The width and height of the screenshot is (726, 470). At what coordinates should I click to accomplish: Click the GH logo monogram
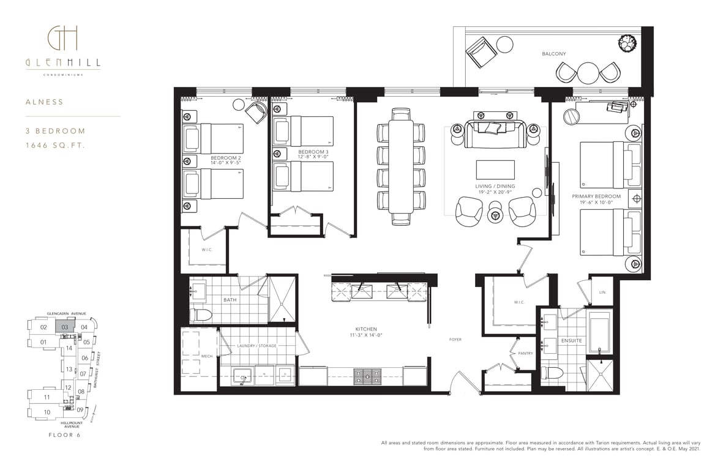62,37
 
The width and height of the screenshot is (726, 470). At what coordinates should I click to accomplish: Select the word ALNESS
45,102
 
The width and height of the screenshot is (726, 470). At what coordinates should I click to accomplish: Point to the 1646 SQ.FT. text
56,146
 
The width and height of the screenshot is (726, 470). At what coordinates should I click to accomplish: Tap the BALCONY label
554,54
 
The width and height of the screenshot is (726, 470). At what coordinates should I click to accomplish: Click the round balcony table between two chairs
588,73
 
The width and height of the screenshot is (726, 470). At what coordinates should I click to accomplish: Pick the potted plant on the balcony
627,43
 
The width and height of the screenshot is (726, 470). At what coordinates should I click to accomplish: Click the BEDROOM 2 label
225,158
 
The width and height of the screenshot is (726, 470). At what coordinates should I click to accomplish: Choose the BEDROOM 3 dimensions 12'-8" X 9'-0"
313,157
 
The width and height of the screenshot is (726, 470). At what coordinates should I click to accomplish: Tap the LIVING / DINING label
495,186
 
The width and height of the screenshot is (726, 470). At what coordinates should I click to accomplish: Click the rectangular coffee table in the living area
495,170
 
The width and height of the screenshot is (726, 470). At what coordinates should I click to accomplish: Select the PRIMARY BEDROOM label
596,196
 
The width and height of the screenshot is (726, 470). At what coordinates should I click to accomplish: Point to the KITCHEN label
366,329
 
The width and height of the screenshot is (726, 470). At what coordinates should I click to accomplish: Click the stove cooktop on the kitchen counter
368,376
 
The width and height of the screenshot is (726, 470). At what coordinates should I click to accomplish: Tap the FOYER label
455,340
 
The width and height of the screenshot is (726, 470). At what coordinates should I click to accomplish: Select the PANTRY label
525,353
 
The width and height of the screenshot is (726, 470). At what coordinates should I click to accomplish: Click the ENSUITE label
571,341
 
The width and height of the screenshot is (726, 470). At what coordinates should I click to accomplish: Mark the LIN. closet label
602,292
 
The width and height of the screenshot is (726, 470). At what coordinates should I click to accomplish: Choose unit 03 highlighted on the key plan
65,326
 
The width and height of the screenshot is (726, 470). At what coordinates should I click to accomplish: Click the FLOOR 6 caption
64,435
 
